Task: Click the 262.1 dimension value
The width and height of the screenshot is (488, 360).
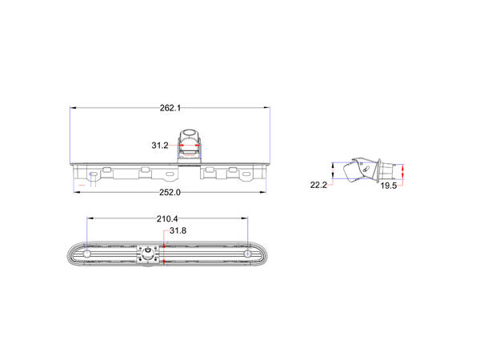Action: point(170,108)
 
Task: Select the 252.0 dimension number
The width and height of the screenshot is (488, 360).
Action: point(170,192)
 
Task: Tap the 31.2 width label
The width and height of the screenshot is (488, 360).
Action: point(160,146)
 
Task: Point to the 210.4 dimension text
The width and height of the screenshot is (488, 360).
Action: point(167,218)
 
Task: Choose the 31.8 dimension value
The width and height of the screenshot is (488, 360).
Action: point(178,230)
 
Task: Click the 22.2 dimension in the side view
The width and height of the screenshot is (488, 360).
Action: point(318,185)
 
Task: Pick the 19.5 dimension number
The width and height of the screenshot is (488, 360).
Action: point(389,186)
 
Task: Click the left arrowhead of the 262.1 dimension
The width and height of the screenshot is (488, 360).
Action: point(73,108)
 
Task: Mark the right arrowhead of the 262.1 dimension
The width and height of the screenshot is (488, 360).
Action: point(266,108)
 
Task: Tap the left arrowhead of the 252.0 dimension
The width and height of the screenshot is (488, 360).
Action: point(77,192)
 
